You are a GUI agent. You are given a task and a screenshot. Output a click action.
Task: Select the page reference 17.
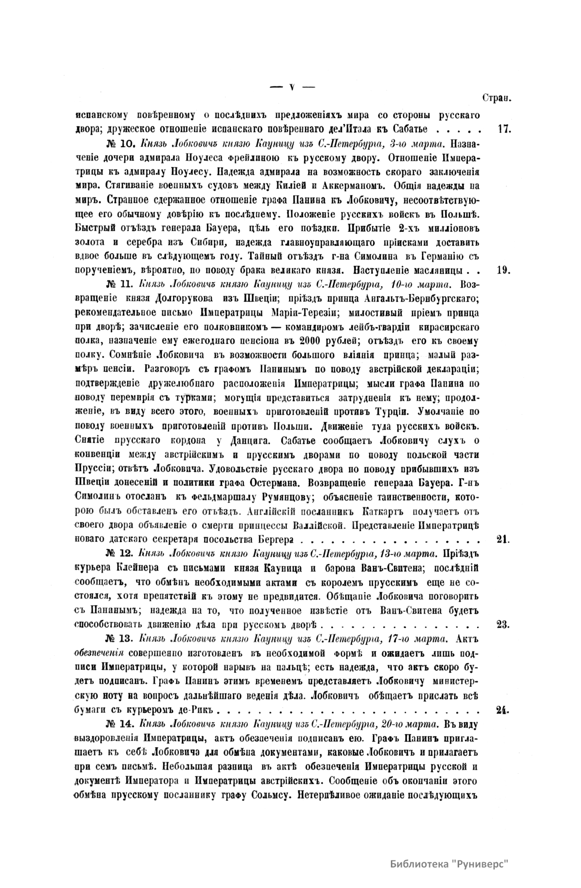504,130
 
